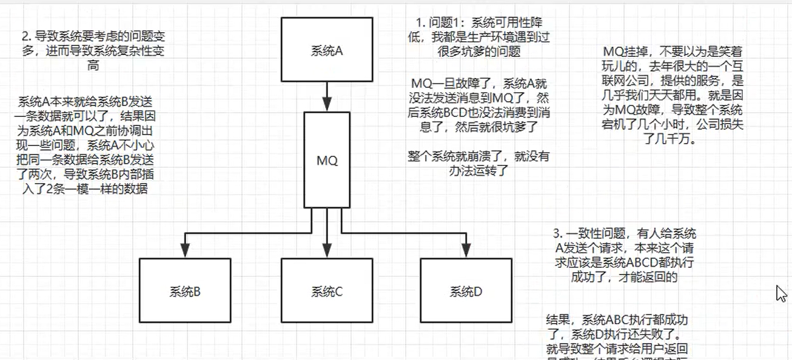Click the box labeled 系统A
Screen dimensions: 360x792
coord(327,50)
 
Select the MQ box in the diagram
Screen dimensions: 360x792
coord(327,161)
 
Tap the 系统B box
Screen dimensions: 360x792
coord(185,292)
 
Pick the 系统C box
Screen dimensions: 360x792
coord(327,292)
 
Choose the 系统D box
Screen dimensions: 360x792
coord(466,292)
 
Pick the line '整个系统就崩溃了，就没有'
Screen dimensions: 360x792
coord(479,157)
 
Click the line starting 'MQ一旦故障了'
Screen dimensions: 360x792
coord(479,83)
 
